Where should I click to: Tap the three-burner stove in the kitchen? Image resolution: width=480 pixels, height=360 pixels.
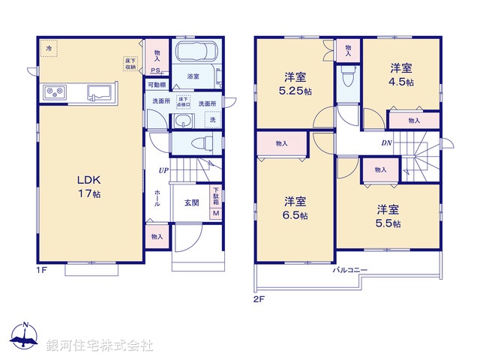(x=55, y=92)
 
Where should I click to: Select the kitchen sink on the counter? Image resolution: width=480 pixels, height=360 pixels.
(x=99, y=92)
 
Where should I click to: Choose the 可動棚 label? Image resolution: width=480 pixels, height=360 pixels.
(x=156, y=85)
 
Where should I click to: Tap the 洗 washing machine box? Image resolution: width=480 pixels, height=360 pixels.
(x=213, y=121)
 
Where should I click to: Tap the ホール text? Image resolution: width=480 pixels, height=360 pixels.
(x=157, y=198)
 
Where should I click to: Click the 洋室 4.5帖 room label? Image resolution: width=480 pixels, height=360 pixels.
(x=400, y=75)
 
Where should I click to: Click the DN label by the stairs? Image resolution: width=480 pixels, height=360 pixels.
(x=386, y=142)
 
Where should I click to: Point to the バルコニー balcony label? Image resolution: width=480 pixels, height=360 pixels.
(x=352, y=269)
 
